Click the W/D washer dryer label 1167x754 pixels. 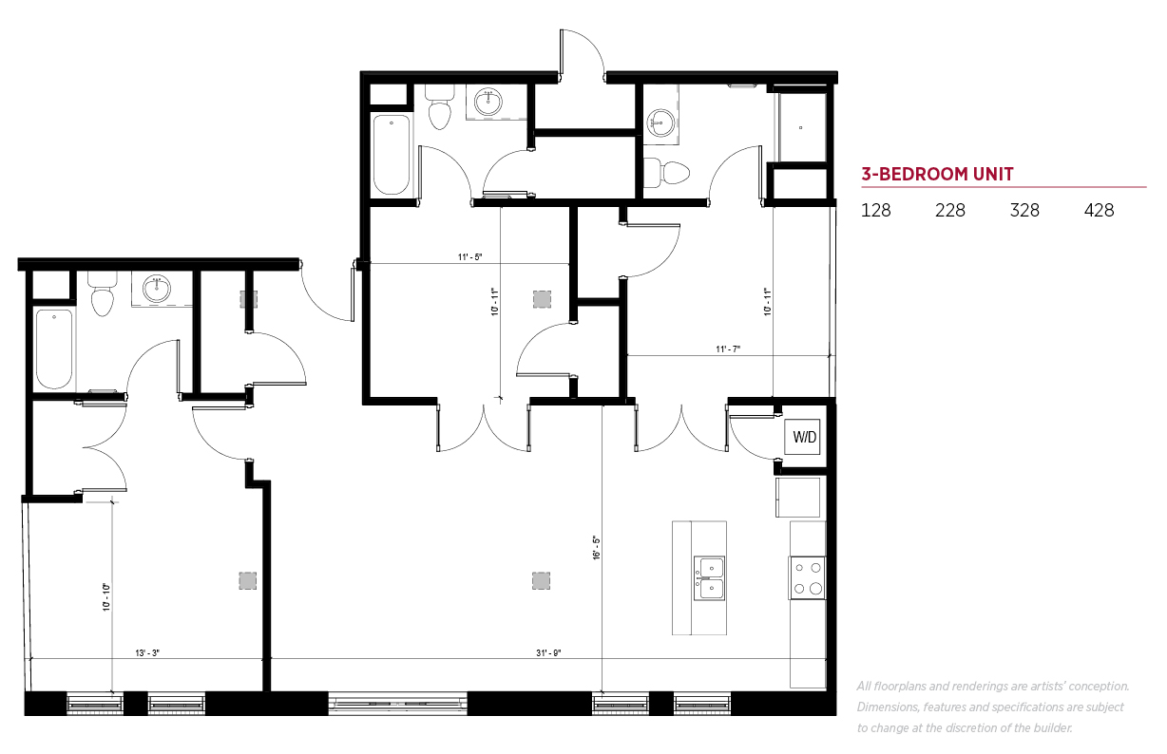coord(804,437)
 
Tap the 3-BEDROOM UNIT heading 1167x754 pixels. coord(937,174)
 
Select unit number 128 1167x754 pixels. coord(876,211)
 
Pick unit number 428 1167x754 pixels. coord(1099,211)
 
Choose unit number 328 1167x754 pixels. coord(1024,211)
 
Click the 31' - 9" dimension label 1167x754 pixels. coord(548,652)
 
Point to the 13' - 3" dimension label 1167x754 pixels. coord(147,652)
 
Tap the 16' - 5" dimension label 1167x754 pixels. coord(597,547)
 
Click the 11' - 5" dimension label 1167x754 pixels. coord(469,256)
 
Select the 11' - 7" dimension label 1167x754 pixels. coord(728,349)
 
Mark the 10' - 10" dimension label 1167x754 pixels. coord(106,597)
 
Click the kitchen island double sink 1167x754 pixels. coord(709,578)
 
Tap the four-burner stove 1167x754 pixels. coord(807,577)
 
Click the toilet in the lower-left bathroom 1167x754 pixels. coord(102,294)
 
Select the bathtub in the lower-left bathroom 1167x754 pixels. coord(54,349)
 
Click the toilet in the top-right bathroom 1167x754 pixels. coord(667,173)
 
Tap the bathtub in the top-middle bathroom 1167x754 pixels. coord(392,155)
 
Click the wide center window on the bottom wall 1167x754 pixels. coord(397,704)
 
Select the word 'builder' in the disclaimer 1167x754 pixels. coord(1053,728)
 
